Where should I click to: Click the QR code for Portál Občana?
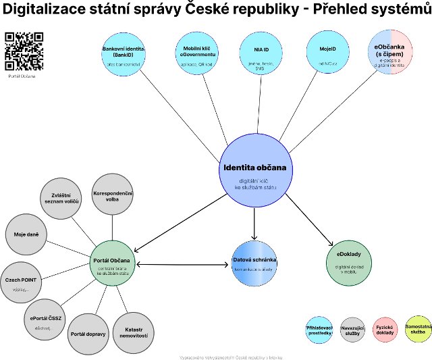[24, 51]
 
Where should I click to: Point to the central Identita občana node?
[255, 172]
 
